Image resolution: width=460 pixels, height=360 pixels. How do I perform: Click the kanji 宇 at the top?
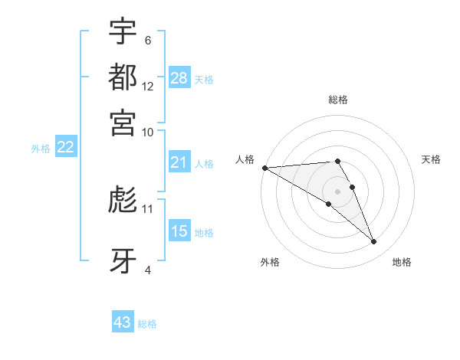[123, 31]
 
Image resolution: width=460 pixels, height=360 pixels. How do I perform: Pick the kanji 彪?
[123, 199]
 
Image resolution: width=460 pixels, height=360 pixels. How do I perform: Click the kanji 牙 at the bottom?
[123, 260]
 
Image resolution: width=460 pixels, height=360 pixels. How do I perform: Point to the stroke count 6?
[148, 41]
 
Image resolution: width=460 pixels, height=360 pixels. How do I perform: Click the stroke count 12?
[148, 87]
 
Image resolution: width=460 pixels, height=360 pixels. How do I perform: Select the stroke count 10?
[148, 132]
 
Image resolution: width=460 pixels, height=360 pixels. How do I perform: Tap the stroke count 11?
[148, 208]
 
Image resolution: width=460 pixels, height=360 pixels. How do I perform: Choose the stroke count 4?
[148, 270]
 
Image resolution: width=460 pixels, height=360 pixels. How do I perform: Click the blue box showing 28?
[179, 78]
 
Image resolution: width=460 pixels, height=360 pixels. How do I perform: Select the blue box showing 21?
[179, 162]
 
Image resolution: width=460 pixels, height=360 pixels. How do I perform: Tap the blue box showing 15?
[179, 231]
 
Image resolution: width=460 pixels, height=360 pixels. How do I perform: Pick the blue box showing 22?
[65, 147]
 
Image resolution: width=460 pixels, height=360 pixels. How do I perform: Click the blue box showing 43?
[123, 322]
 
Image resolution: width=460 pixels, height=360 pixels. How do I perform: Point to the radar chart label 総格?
[337, 100]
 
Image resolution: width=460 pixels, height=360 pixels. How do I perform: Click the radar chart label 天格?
[431, 159]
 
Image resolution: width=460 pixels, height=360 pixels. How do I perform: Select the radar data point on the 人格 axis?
[264, 168]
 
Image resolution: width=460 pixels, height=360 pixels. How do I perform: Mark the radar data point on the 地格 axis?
[374, 242]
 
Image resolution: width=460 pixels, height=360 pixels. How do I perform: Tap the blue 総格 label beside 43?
[147, 324]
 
